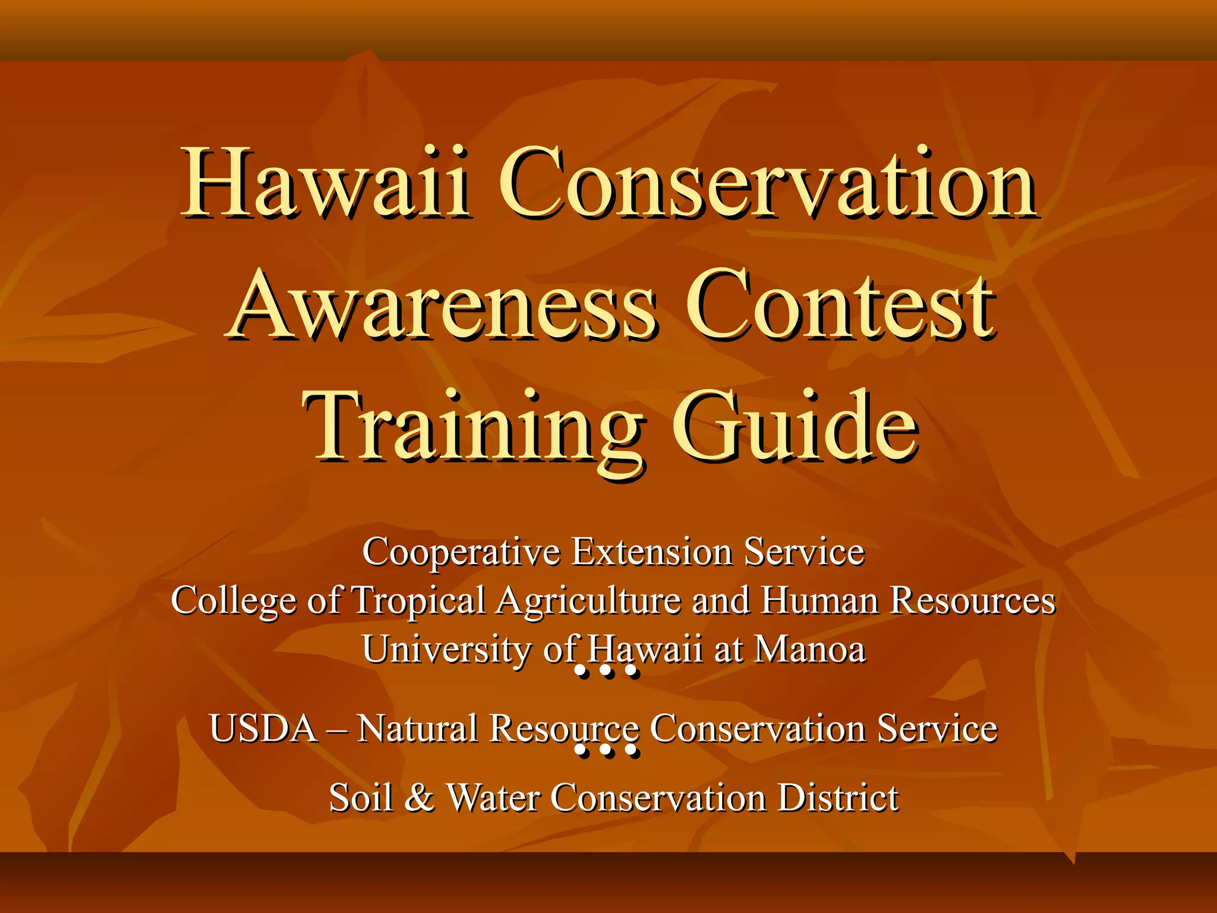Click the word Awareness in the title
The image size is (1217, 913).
(x=441, y=306)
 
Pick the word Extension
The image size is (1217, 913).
(x=651, y=551)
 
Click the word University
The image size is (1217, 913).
(x=446, y=650)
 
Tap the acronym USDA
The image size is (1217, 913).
(x=263, y=728)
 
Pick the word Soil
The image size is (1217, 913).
(x=361, y=798)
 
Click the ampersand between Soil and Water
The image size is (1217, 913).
(x=420, y=798)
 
